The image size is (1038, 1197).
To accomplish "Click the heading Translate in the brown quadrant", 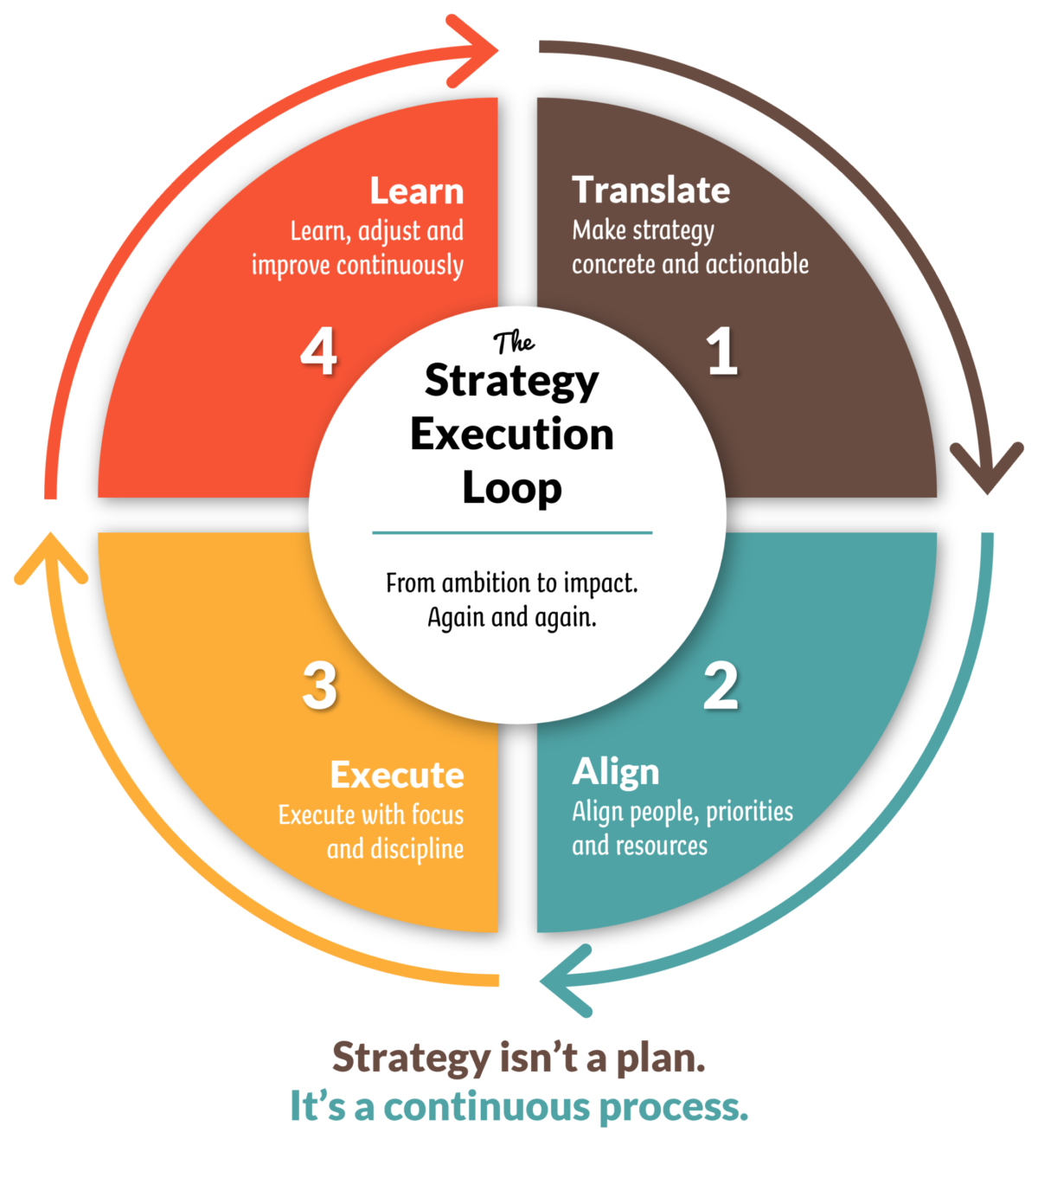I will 651,190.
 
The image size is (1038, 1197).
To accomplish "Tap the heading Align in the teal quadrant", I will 616,771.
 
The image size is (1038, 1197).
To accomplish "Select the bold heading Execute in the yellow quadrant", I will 397,775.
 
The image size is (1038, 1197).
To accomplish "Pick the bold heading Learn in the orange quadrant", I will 417,191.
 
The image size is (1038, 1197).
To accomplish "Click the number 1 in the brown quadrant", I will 722,352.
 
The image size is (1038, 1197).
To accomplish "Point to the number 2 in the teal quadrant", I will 721,686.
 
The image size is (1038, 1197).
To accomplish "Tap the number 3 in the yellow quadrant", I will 319,686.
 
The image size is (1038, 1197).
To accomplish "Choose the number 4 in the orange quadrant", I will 318,353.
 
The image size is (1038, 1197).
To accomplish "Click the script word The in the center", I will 514,343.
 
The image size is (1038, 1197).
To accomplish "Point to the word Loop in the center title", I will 512,489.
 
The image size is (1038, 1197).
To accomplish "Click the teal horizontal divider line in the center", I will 512,532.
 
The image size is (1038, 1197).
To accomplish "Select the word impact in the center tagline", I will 600,583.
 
